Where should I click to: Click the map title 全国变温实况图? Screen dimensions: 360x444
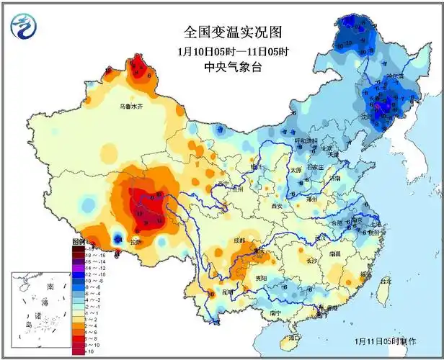pyautogui.click(x=232, y=32)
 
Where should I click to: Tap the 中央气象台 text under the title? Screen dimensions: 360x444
pyautogui.click(x=232, y=68)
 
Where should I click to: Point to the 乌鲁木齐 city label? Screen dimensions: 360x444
pyautogui.click(x=131, y=107)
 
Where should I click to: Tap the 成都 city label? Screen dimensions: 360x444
pyautogui.click(x=238, y=240)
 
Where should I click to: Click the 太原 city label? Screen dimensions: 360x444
pyautogui.click(x=296, y=170)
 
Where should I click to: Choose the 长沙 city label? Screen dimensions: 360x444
pyautogui.click(x=312, y=260)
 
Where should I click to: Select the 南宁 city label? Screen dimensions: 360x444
pyautogui.click(x=275, y=313)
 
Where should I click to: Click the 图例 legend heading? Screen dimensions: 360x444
pyautogui.click(x=79, y=243)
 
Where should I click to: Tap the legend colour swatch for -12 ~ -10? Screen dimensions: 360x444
pyautogui.click(x=78, y=275)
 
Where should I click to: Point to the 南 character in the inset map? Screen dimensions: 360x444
pyautogui.click(x=49, y=287)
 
